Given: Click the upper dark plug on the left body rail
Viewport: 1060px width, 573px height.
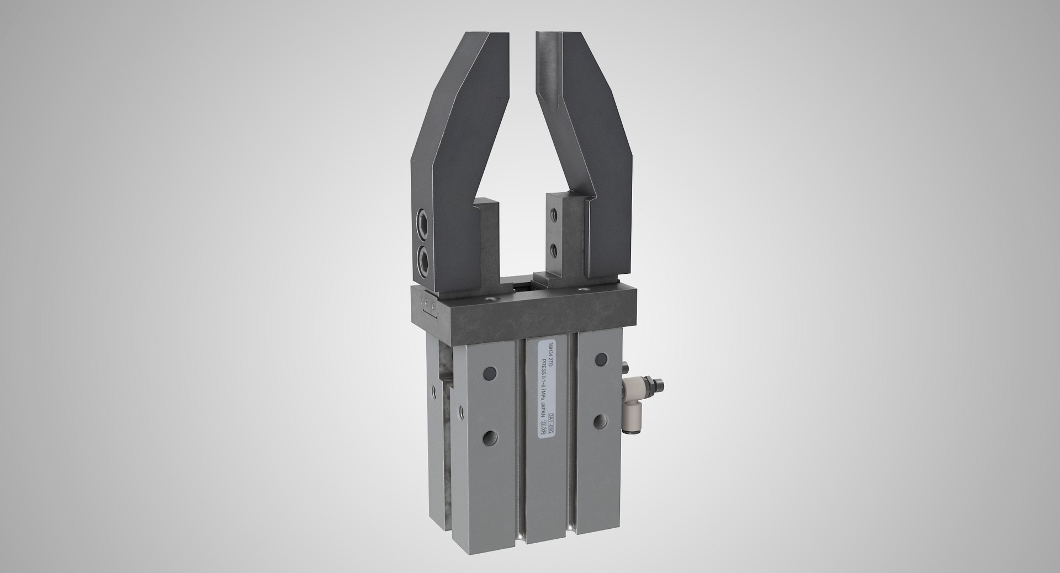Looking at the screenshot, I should point(490,374).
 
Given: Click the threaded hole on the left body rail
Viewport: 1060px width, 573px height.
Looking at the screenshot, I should point(490,437).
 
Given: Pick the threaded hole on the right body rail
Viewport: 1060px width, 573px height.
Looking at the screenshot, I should point(599,421).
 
